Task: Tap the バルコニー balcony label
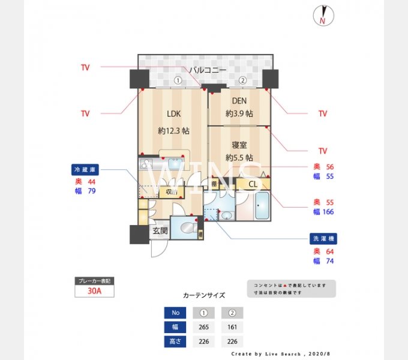point(208,70)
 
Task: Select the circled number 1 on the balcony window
point(178,80)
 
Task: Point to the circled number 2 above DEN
point(242,80)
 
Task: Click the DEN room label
point(239,101)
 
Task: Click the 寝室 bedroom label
point(239,145)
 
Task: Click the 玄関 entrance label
point(159,230)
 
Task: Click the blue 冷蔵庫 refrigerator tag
point(85,169)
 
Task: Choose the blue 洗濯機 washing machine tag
point(323,239)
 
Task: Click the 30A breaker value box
point(94,291)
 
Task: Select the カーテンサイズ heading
point(204,295)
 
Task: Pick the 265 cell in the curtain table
point(204,327)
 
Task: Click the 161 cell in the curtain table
point(232,327)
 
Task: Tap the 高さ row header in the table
point(175,342)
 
